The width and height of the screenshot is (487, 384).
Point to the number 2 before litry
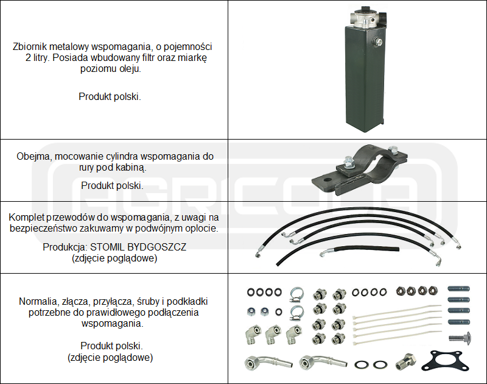(x=29, y=58)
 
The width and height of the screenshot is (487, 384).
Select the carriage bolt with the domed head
(x=460, y=337)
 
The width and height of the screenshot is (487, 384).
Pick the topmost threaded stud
(x=460, y=289)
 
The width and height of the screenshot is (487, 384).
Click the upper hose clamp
(x=296, y=294)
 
